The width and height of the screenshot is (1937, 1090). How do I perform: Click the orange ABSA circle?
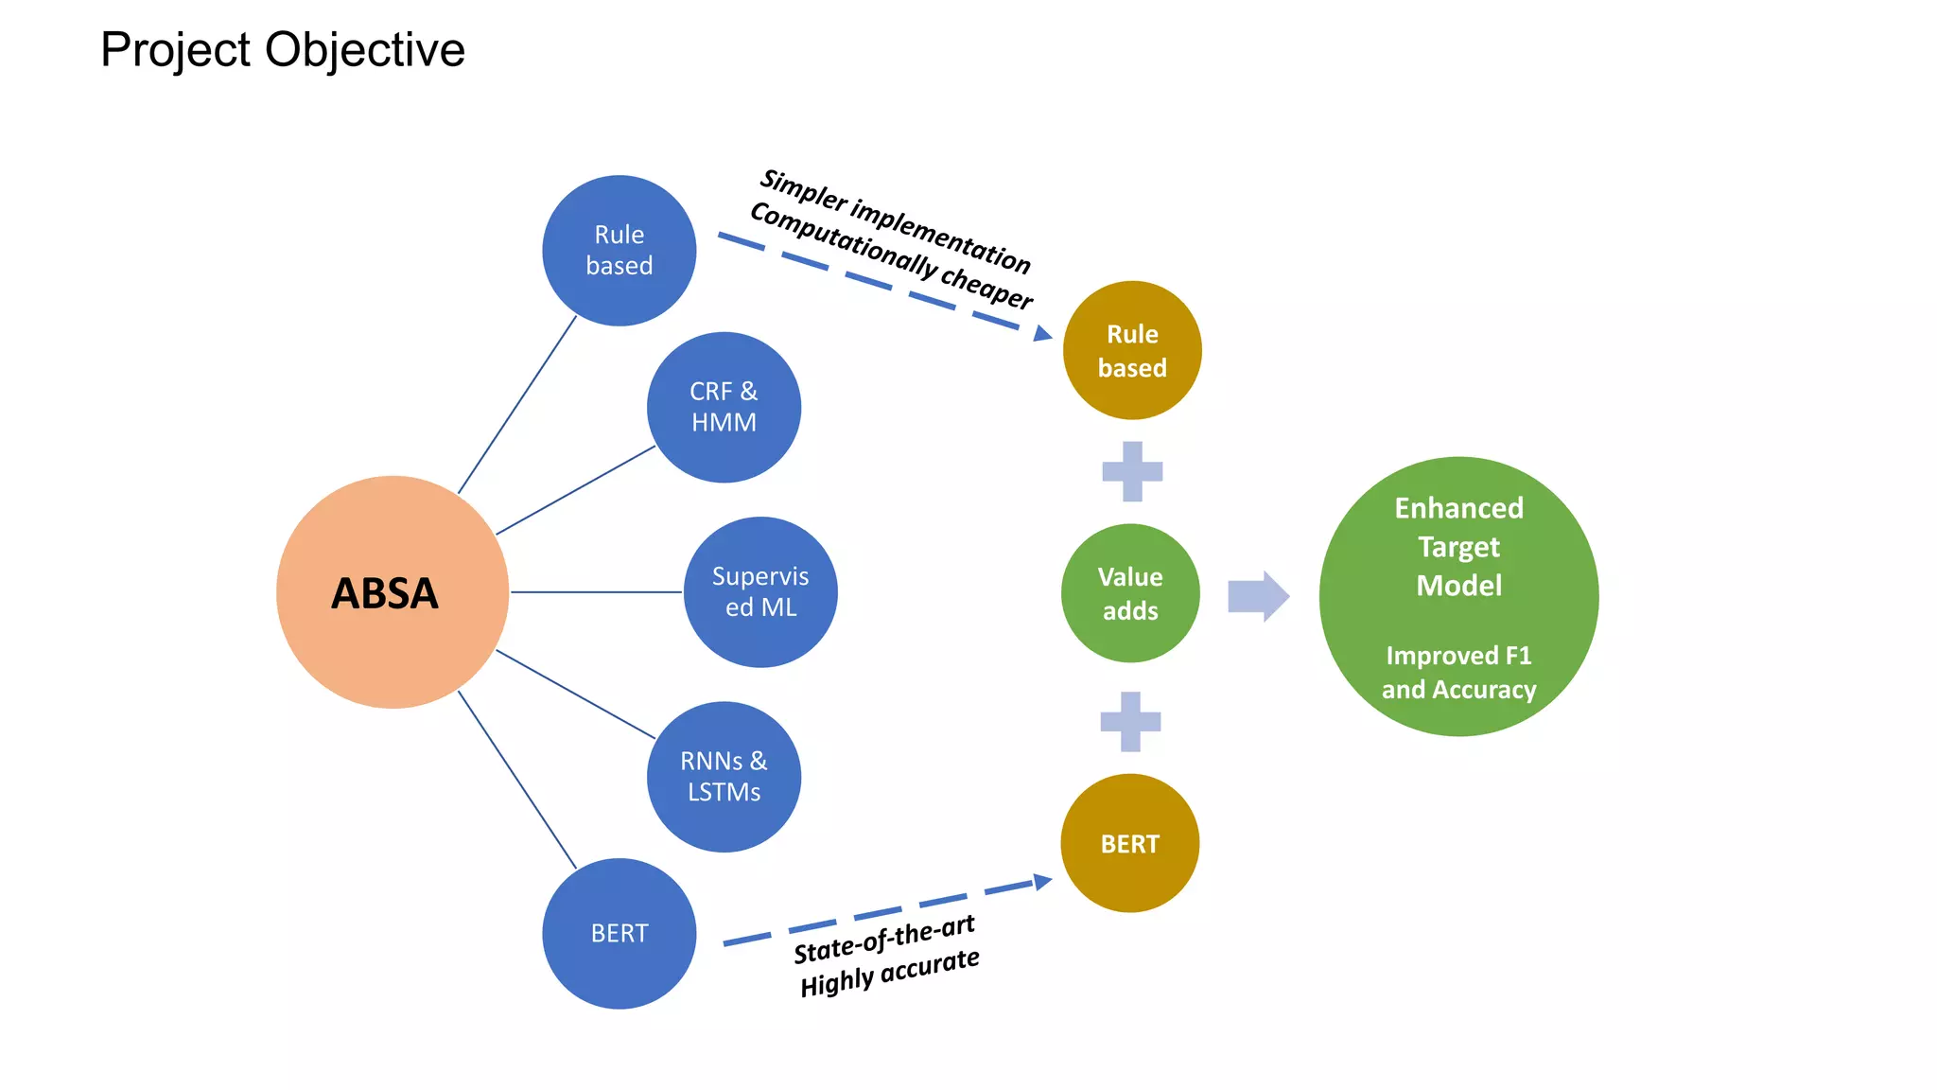(x=392, y=592)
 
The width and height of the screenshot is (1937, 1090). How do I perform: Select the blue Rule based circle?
(x=619, y=251)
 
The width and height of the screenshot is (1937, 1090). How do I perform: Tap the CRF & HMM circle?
(x=724, y=407)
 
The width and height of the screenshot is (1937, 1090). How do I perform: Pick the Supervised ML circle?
(x=760, y=592)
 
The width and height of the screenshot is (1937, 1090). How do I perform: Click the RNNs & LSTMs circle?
(x=724, y=777)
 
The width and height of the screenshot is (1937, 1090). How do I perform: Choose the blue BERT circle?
(x=619, y=933)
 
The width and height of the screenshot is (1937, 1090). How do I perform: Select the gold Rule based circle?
(x=1132, y=350)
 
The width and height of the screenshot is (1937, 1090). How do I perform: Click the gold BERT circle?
(x=1130, y=843)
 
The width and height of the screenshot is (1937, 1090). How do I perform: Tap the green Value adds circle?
(x=1130, y=593)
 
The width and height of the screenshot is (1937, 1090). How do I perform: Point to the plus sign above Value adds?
(x=1132, y=471)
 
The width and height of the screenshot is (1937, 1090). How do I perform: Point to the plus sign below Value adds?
(x=1130, y=722)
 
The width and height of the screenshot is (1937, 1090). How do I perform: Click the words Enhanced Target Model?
(x=1458, y=547)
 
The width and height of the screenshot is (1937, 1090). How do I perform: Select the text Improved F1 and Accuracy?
(x=1458, y=673)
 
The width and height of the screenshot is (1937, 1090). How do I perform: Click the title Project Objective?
(x=283, y=49)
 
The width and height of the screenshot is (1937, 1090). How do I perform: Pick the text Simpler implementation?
(x=895, y=220)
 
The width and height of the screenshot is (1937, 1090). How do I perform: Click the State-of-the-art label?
(x=883, y=940)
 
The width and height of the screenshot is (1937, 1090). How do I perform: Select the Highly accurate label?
(x=889, y=973)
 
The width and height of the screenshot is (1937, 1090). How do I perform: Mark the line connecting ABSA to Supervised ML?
(x=596, y=592)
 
